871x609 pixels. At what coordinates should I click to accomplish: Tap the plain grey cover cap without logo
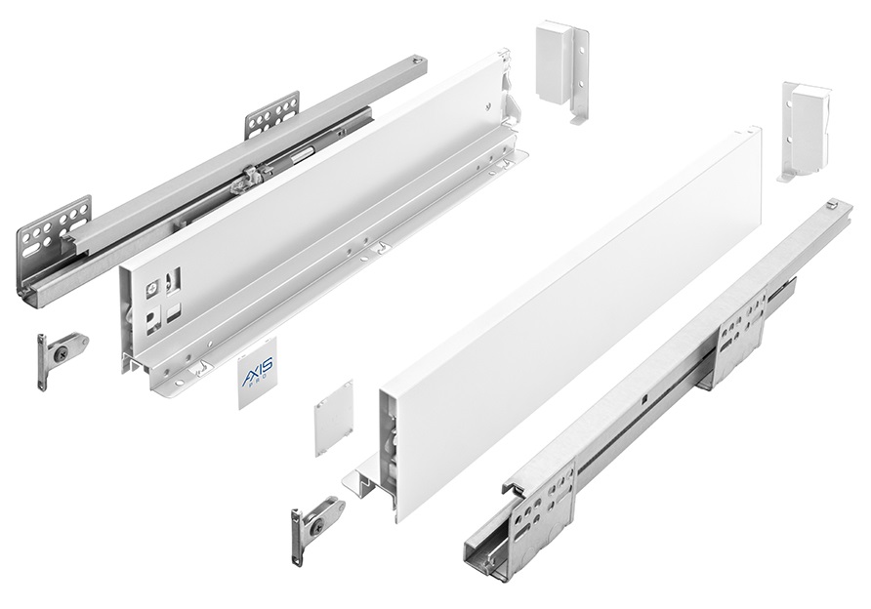click(x=334, y=418)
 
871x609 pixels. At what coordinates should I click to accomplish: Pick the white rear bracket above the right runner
click(x=806, y=132)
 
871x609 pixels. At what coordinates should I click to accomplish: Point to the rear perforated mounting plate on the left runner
click(x=272, y=115)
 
